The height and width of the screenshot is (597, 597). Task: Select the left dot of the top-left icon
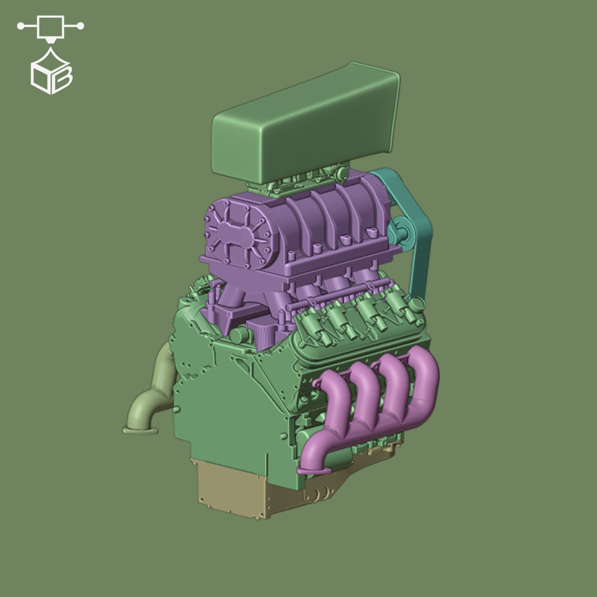[21, 26]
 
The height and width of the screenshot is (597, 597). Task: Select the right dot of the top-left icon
[80, 26]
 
